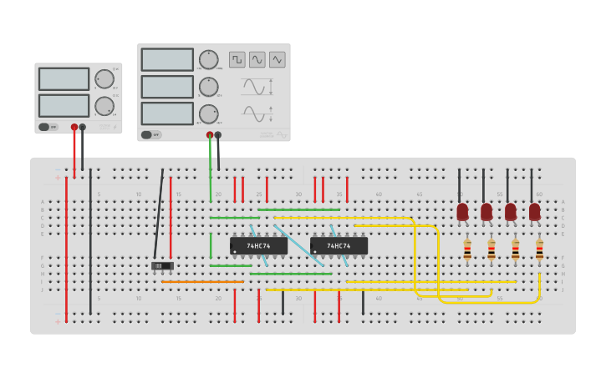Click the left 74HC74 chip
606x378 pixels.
258,246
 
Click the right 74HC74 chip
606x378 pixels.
339,246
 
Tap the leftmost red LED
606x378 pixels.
462,212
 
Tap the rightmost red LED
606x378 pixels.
534,212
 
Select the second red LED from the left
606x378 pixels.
486,212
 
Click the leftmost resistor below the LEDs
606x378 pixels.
467,249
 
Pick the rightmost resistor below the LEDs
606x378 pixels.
539,249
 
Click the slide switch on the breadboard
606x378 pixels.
162,266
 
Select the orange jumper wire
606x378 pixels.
202,282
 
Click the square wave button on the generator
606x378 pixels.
237,59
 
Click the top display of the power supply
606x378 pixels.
64,79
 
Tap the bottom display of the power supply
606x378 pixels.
64,106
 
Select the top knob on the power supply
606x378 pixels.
104,79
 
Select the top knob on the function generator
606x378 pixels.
208,59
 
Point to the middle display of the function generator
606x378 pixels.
167,87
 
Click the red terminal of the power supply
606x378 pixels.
74,128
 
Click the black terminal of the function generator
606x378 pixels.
218,134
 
